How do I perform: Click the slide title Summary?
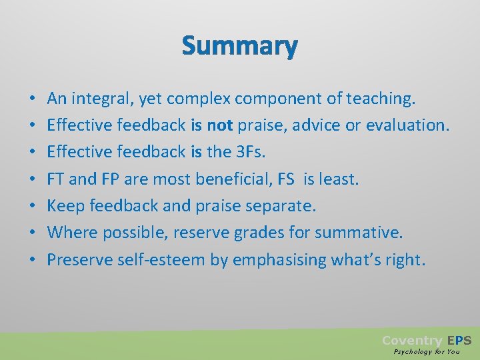[x=239, y=46]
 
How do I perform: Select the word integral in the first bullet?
[x=101, y=99]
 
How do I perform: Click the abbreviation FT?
[x=56, y=179]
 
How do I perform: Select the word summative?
[x=368, y=233]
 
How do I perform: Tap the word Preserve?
[x=77, y=259]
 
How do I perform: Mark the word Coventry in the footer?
[x=411, y=341]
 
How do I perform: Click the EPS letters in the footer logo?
[x=459, y=341]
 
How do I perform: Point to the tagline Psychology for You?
[x=427, y=351]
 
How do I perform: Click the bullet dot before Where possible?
[x=33, y=233]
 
